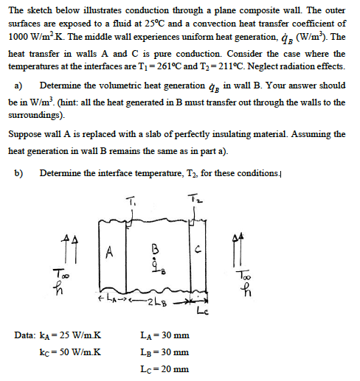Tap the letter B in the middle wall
[154, 248]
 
